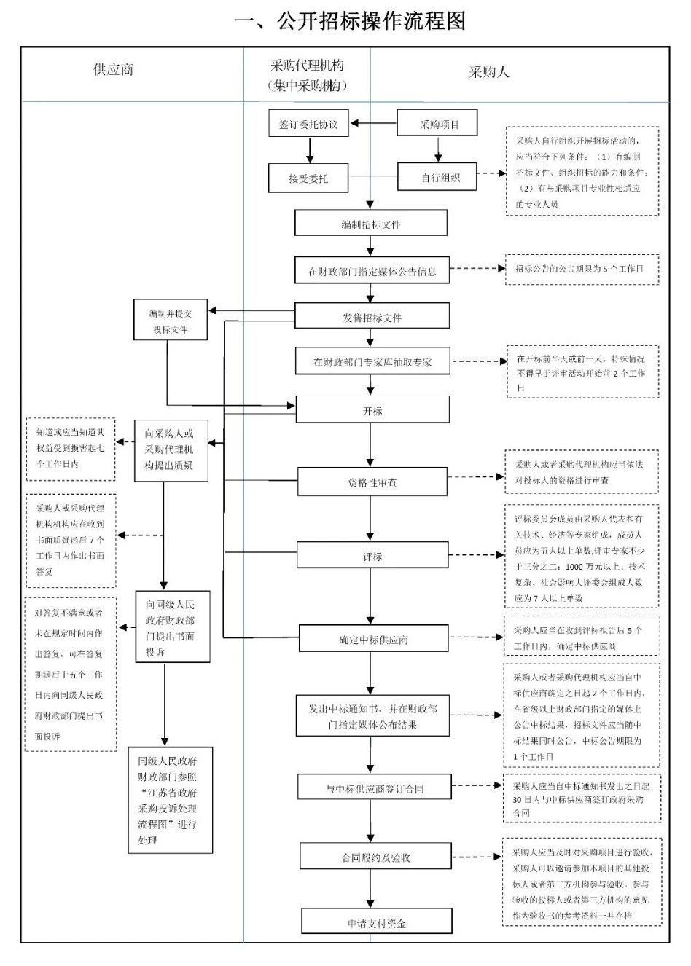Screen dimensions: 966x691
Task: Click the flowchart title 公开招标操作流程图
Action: click(350, 20)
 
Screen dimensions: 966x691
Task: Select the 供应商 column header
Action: click(113, 71)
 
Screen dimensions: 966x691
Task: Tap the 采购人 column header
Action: click(489, 71)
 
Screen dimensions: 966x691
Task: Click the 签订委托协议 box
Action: click(308, 125)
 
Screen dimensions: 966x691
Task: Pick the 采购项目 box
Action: click(437, 124)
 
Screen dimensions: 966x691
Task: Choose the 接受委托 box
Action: click(308, 178)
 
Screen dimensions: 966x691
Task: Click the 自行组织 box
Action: click(437, 177)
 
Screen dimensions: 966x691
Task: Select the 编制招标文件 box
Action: click(371, 224)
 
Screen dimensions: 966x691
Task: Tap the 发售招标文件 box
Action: click(372, 317)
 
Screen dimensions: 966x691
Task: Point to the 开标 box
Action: click(372, 410)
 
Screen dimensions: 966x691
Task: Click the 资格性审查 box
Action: click(372, 482)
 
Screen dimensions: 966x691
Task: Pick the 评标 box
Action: click(372, 556)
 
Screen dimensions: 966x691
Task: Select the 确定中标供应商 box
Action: click(372, 640)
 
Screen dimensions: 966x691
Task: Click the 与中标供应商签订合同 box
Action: click(374, 788)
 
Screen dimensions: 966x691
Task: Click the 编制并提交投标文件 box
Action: click(171, 321)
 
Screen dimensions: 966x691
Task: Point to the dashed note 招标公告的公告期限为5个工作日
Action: click(581, 269)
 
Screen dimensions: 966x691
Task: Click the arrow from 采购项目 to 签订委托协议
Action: click(372, 124)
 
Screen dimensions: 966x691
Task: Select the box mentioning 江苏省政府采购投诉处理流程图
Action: click(171, 800)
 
